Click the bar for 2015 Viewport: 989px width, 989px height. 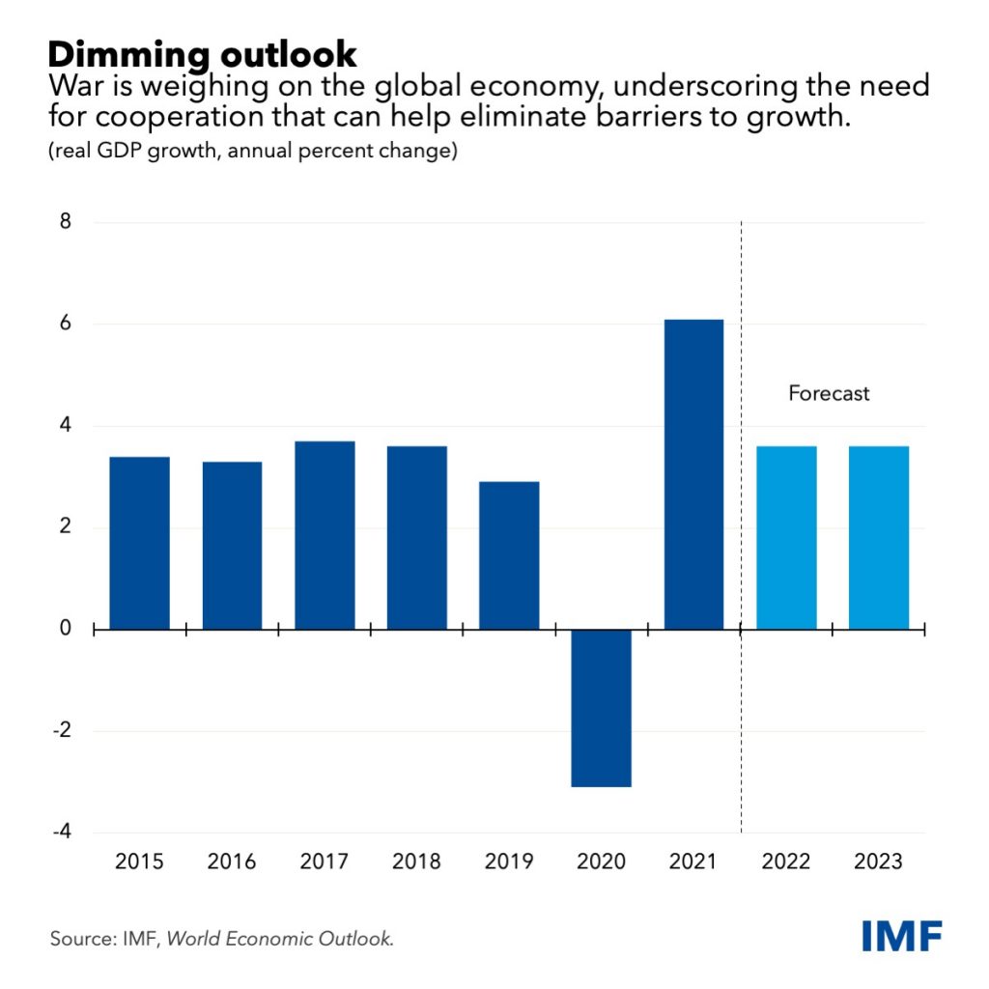tap(139, 543)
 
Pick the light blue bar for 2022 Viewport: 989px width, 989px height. tap(786, 537)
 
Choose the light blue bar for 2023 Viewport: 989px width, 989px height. tap(879, 537)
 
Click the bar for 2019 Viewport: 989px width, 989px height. tap(510, 555)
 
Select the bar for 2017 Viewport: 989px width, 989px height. tap(325, 535)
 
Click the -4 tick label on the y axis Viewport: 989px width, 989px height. tap(62, 833)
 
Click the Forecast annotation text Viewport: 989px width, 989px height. tap(829, 394)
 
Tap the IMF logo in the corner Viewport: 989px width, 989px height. tap(902, 935)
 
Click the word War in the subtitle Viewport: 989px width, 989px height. tap(73, 88)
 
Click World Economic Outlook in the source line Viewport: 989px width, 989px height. tap(281, 938)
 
